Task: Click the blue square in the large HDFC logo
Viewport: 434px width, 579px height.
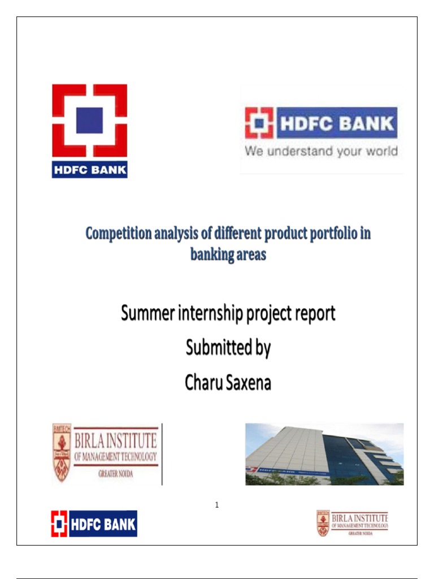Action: pyautogui.click(x=89, y=120)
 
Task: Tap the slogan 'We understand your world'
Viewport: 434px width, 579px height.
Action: pyautogui.click(x=320, y=152)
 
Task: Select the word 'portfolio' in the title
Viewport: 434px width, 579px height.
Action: pyautogui.click(x=325, y=234)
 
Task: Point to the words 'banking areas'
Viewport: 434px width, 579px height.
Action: pyautogui.click(x=228, y=254)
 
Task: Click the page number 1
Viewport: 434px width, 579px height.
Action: pyautogui.click(x=216, y=505)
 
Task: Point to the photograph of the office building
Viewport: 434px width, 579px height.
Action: pyautogui.click(x=324, y=454)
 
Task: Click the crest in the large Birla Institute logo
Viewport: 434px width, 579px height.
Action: pyautogui.click(x=61, y=452)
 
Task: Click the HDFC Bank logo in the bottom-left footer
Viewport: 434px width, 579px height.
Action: pyautogui.click(x=94, y=524)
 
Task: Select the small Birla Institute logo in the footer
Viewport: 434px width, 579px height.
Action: pyautogui.click(x=352, y=523)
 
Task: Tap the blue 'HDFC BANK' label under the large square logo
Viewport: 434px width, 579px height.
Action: pyautogui.click(x=89, y=170)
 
